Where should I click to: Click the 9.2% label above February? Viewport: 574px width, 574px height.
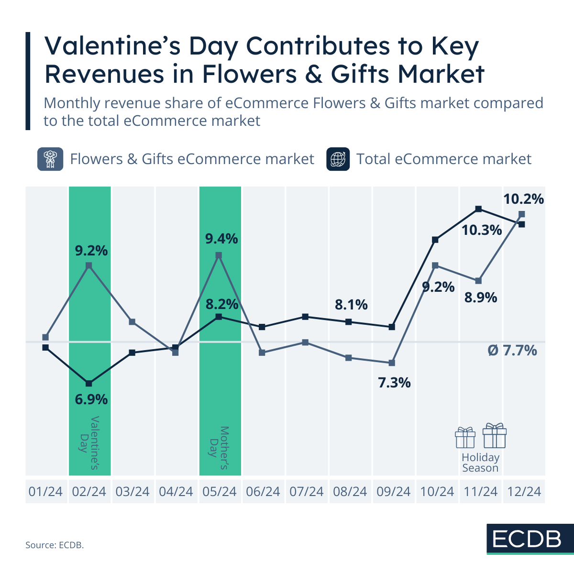(x=91, y=250)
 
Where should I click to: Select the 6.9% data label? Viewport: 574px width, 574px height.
(x=91, y=399)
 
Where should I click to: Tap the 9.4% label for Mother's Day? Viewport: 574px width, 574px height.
(x=221, y=238)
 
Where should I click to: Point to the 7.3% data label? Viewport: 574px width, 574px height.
(x=394, y=383)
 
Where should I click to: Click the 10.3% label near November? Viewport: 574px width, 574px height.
(x=481, y=231)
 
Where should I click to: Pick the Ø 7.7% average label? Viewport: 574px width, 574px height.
(x=512, y=351)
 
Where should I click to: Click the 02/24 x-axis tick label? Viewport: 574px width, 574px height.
(x=89, y=491)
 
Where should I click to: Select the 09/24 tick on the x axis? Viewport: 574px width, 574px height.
(x=394, y=491)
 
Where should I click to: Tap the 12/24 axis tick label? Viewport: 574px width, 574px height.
(x=524, y=491)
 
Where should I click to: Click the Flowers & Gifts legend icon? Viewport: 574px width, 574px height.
(x=50, y=159)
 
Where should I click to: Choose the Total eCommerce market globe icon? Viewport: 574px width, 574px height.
(x=338, y=159)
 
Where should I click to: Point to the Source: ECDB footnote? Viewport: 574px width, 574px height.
(x=55, y=545)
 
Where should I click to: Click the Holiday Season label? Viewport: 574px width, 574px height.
(x=480, y=463)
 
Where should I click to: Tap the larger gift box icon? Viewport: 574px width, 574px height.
(x=494, y=435)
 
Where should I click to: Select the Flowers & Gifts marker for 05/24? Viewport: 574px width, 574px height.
(x=219, y=255)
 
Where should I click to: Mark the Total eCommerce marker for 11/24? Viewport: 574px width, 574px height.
(x=478, y=209)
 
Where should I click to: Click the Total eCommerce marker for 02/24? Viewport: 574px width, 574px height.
(x=89, y=384)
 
